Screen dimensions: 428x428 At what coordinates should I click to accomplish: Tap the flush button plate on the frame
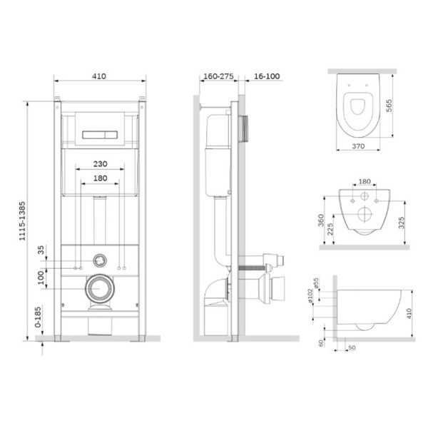coord(100,133)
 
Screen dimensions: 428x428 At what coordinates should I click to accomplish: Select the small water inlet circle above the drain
coord(100,260)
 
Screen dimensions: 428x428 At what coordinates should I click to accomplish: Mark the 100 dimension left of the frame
coord(41,276)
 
